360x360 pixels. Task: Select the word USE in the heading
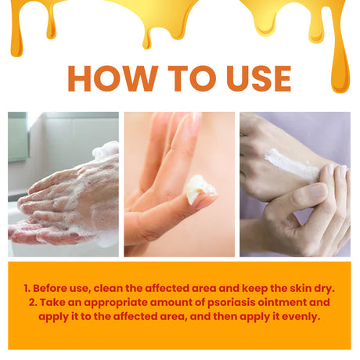(254, 78)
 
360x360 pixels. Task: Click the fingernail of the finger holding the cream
(206, 202)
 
